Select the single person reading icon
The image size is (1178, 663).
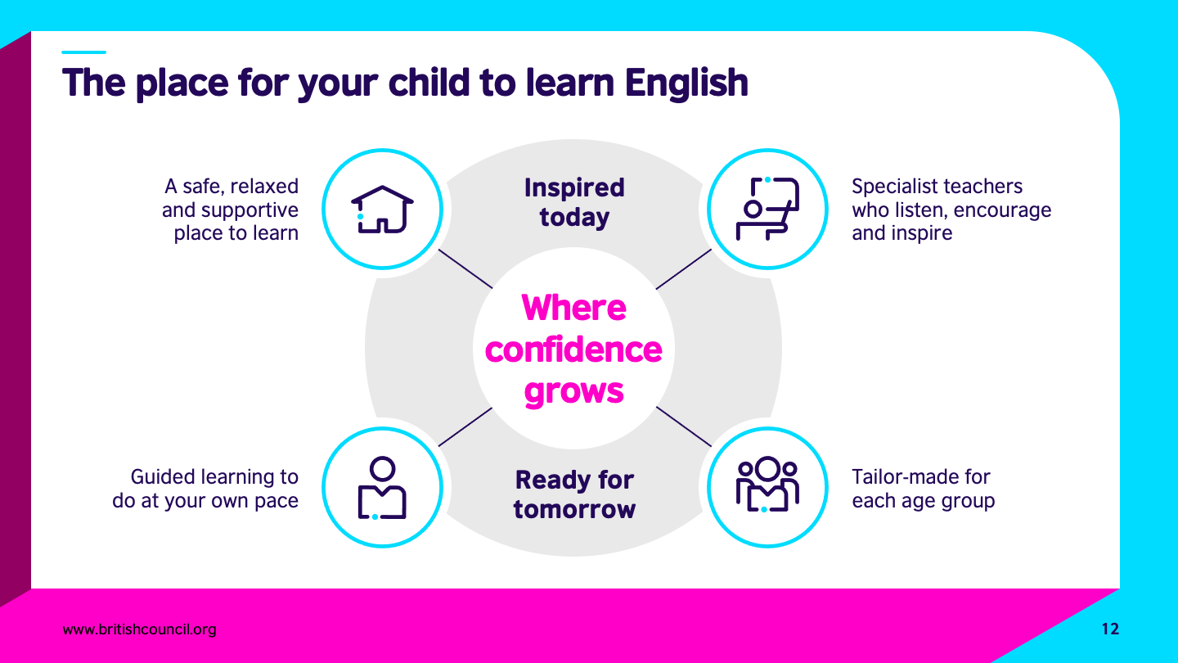click(x=382, y=488)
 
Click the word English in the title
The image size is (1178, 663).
click(x=686, y=83)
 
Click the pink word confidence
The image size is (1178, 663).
click(x=573, y=350)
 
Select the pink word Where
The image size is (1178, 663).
click(x=573, y=307)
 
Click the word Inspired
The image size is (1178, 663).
click(x=574, y=188)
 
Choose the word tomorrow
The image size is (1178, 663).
click(x=574, y=509)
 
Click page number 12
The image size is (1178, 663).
click(x=1110, y=629)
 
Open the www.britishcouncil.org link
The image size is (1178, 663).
click(x=139, y=629)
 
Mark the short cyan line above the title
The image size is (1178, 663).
click(x=83, y=52)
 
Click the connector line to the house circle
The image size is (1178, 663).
click(x=465, y=268)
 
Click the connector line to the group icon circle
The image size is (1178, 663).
click(x=683, y=426)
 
